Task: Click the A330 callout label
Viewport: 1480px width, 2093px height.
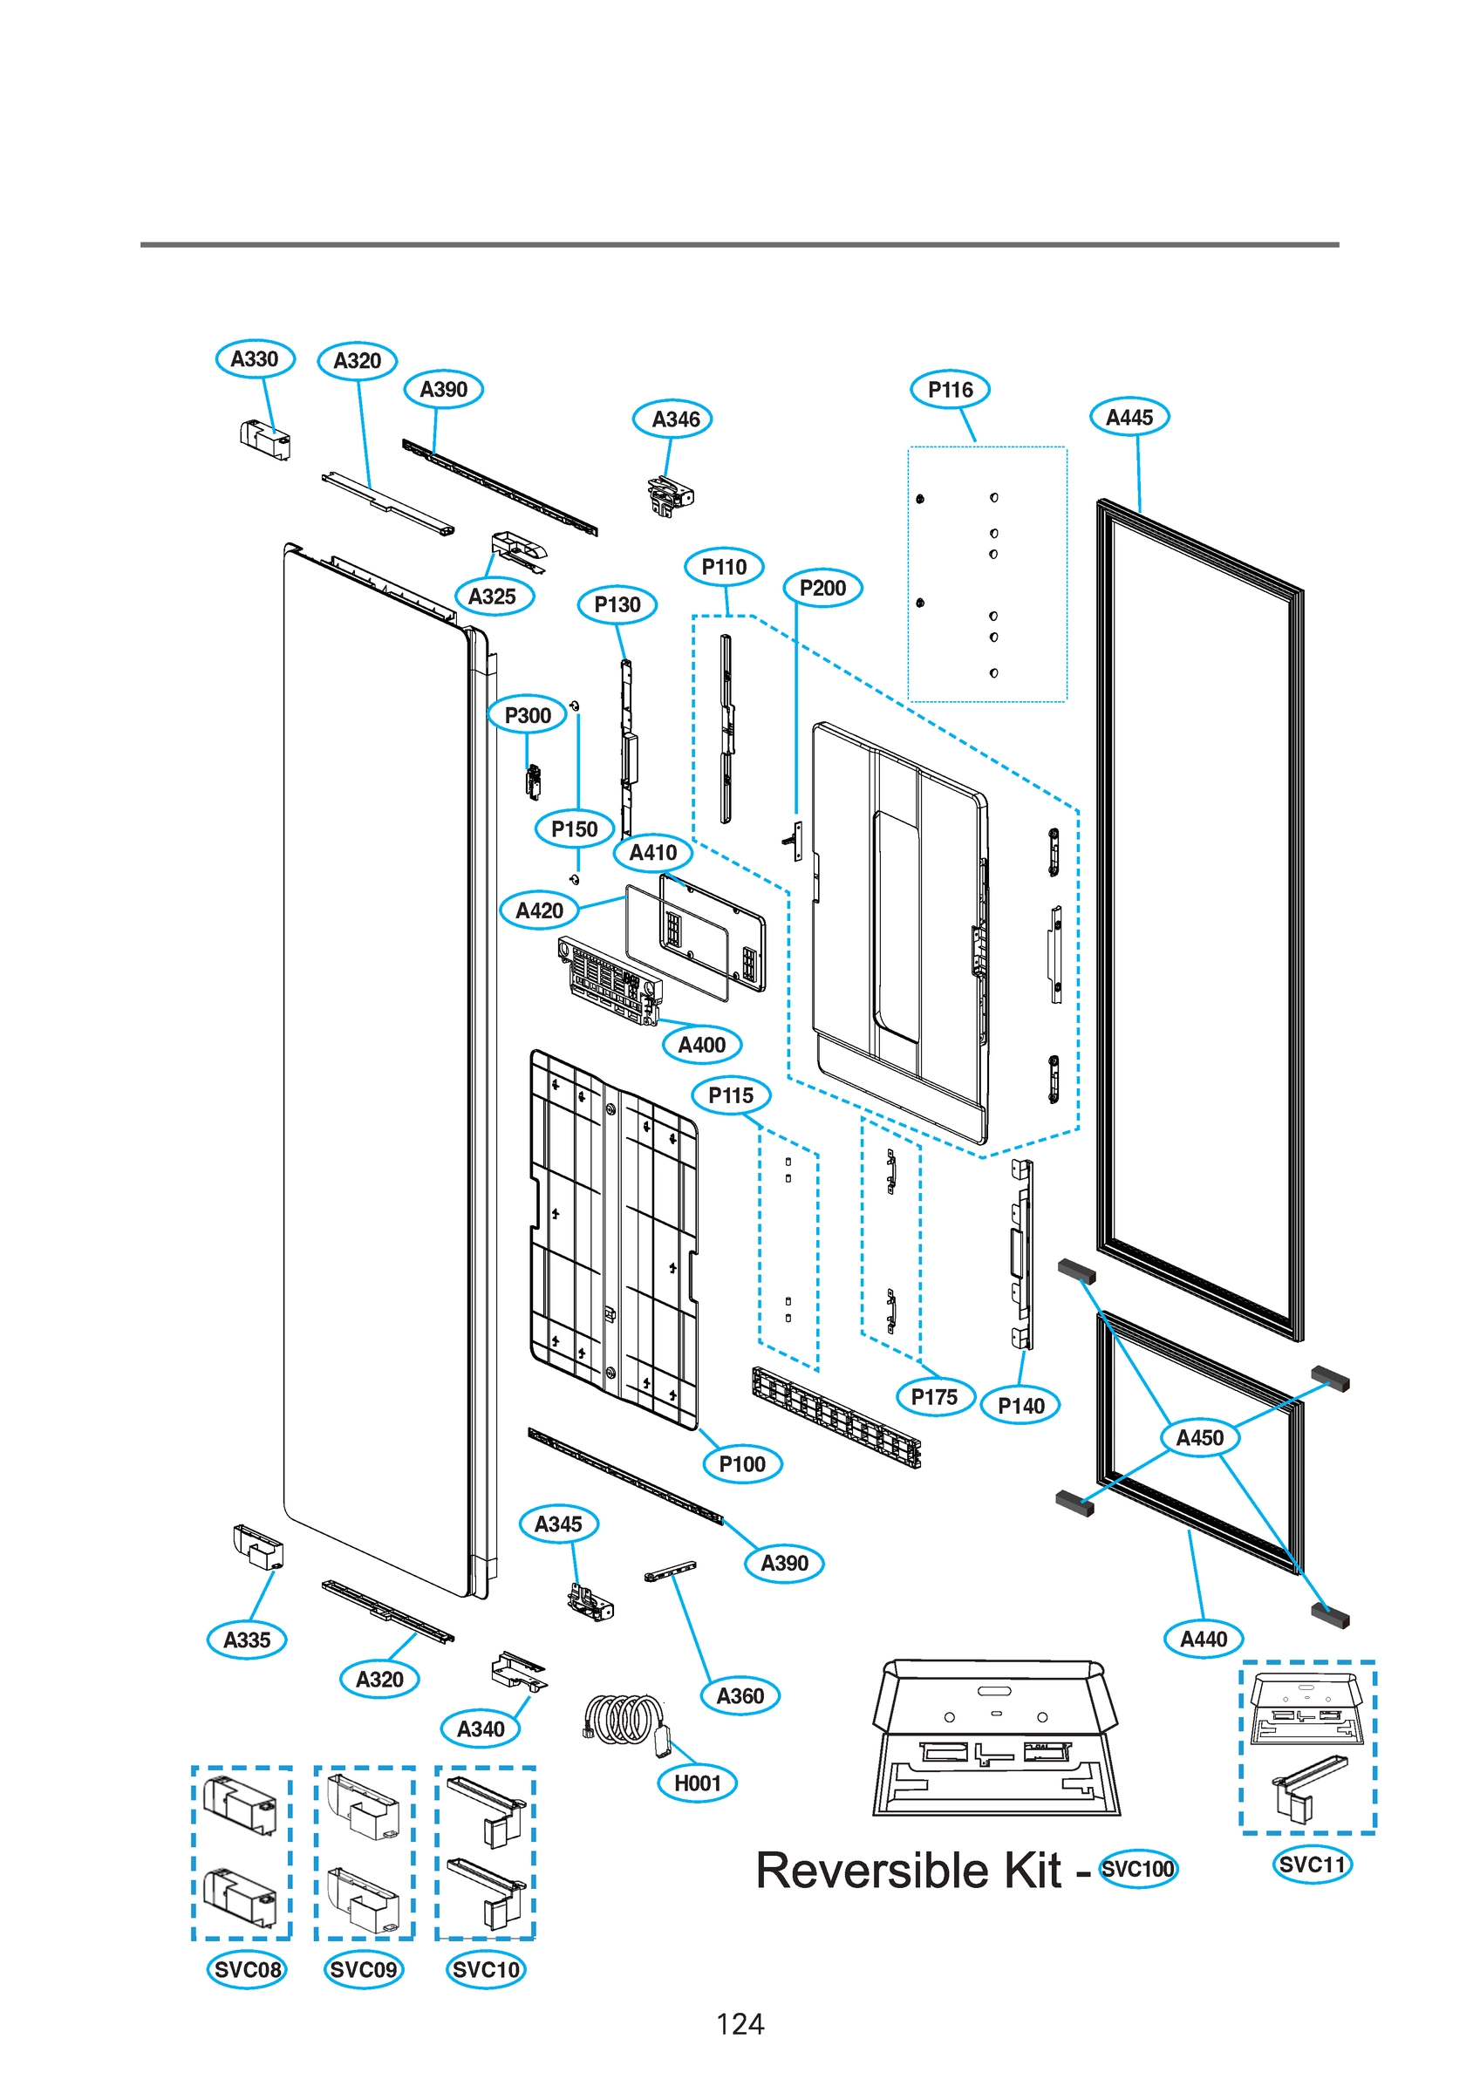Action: tap(255, 359)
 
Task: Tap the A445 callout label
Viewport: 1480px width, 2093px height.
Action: tap(1129, 418)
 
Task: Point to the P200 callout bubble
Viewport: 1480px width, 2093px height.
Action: tap(822, 589)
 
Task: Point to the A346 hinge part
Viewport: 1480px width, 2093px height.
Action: tap(671, 495)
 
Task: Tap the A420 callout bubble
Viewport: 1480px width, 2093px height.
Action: tap(539, 910)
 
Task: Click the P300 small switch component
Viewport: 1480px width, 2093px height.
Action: tap(534, 781)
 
